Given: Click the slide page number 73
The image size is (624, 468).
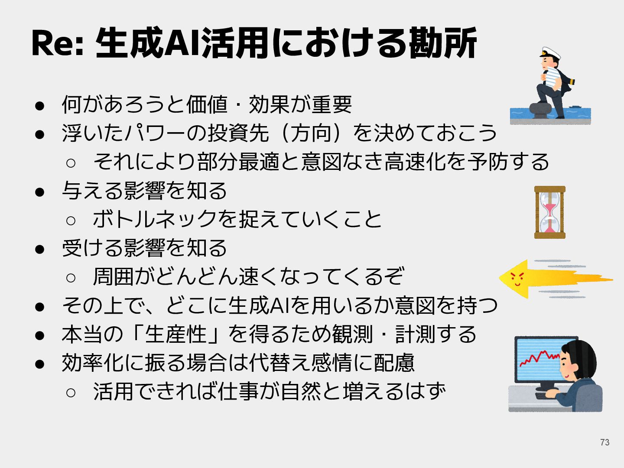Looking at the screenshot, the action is [604, 442].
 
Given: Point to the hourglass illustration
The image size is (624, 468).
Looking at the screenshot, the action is [549, 212].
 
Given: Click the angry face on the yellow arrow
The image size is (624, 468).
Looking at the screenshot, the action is [517, 278].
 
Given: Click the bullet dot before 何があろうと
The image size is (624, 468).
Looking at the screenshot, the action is [40, 105].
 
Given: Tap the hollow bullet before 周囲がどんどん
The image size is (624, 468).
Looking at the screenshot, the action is [71, 277].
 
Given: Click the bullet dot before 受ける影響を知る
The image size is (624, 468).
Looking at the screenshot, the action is [40, 249].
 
